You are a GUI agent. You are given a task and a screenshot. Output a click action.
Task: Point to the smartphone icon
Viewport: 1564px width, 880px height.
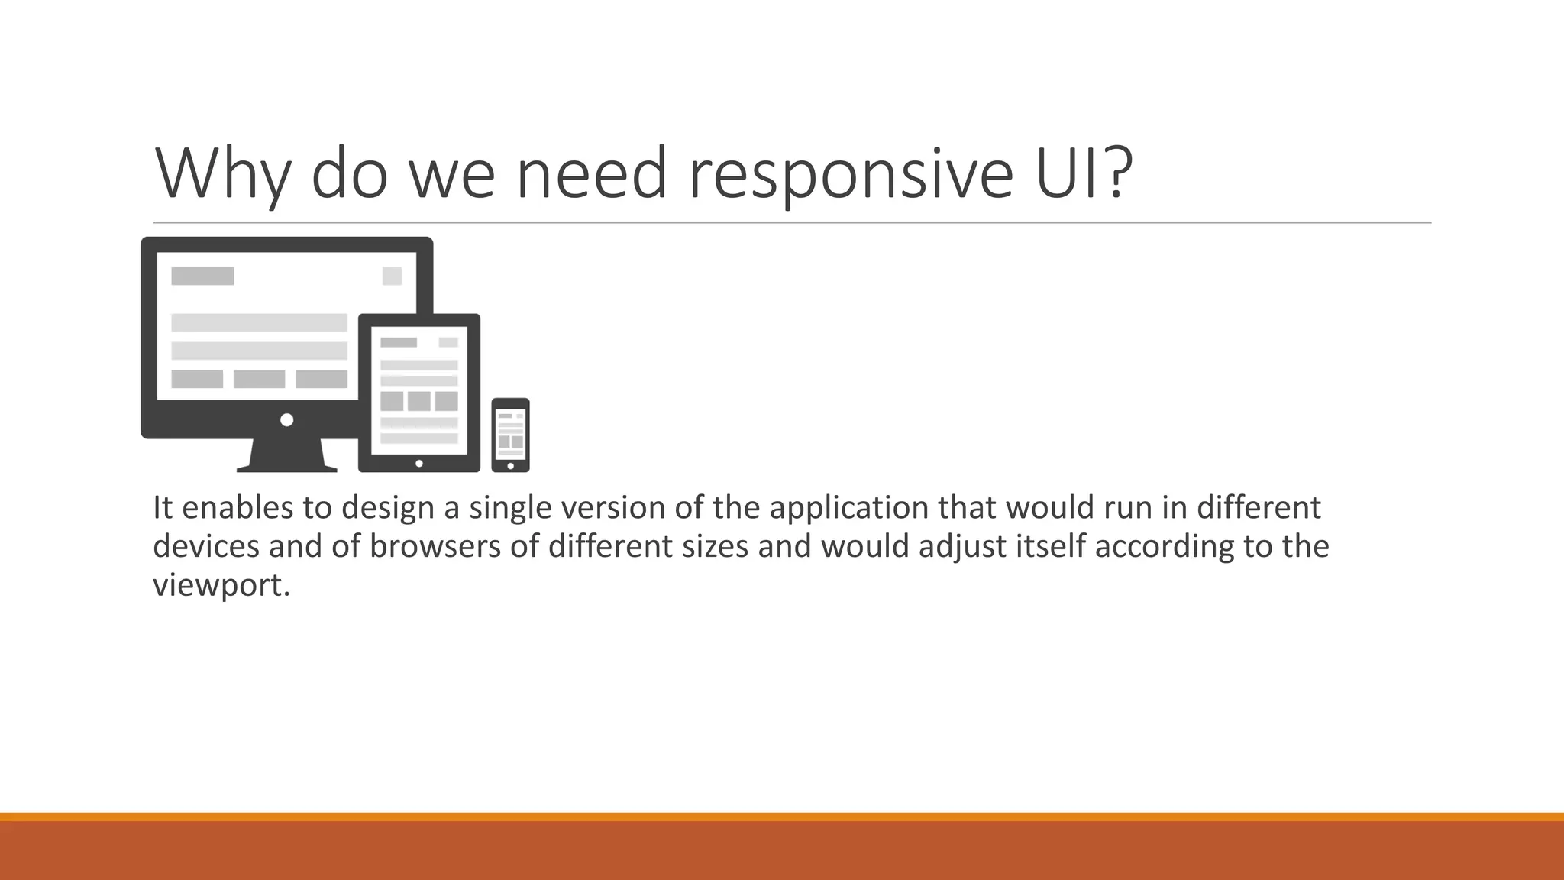(x=510, y=435)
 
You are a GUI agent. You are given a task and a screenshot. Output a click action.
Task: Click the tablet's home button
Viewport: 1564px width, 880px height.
(x=419, y=464)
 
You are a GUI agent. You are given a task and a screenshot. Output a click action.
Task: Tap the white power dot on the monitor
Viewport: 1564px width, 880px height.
(x=287, y=420)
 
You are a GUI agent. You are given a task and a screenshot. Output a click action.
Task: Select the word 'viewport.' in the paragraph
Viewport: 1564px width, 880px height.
(x=221, y=585)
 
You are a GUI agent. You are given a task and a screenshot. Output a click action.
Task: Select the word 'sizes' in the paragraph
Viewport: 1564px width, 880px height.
(x=715, y=546)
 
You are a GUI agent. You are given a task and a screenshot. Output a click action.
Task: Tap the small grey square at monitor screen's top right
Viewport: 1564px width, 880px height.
(x=392, y=276)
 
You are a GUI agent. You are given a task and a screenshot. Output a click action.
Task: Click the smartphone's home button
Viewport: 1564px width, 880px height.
(x=510, y=466)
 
